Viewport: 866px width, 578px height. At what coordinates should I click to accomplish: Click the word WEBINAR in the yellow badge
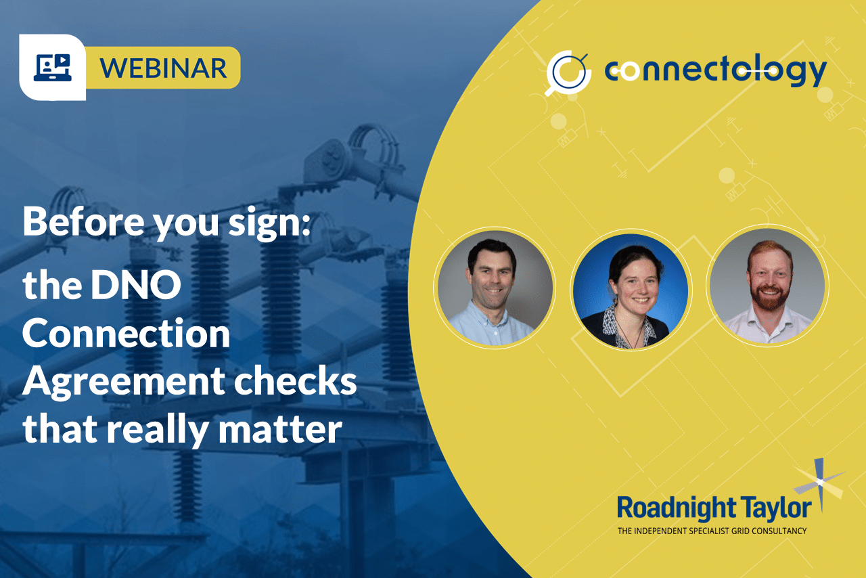point(163,68)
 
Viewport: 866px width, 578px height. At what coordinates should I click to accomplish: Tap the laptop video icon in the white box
point(53,68)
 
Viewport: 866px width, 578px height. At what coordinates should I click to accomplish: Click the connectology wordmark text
point(716,71)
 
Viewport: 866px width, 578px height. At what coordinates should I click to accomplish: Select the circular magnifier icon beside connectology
point(568,72)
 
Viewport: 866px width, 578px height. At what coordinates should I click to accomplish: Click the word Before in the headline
point(83,221)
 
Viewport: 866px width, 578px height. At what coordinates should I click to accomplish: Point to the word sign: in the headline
point(269,223)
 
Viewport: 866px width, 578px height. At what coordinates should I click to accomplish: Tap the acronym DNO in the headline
point(136,285)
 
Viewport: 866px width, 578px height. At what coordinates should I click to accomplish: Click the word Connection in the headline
point(127,333)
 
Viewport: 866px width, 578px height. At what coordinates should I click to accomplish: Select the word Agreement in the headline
point(124,383)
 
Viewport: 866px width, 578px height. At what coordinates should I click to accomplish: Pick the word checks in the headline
point(296,380)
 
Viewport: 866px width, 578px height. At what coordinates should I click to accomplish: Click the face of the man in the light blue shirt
point(491,273)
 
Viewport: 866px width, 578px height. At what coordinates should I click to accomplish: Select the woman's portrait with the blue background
point(631,290)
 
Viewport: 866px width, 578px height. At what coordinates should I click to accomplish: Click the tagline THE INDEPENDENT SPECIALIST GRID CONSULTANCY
point(712,531)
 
